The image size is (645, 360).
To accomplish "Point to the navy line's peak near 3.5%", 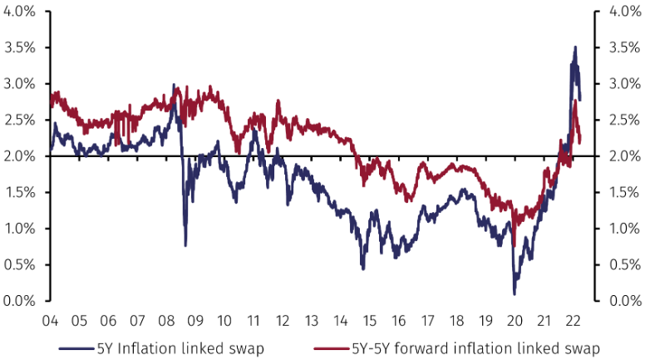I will coord(574,47).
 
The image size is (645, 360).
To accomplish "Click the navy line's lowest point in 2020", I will coord(515,293).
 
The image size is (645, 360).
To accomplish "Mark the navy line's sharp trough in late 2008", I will coord(185,244).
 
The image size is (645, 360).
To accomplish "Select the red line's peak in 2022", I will coord(575,101).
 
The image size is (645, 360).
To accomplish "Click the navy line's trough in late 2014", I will coord(362,268).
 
